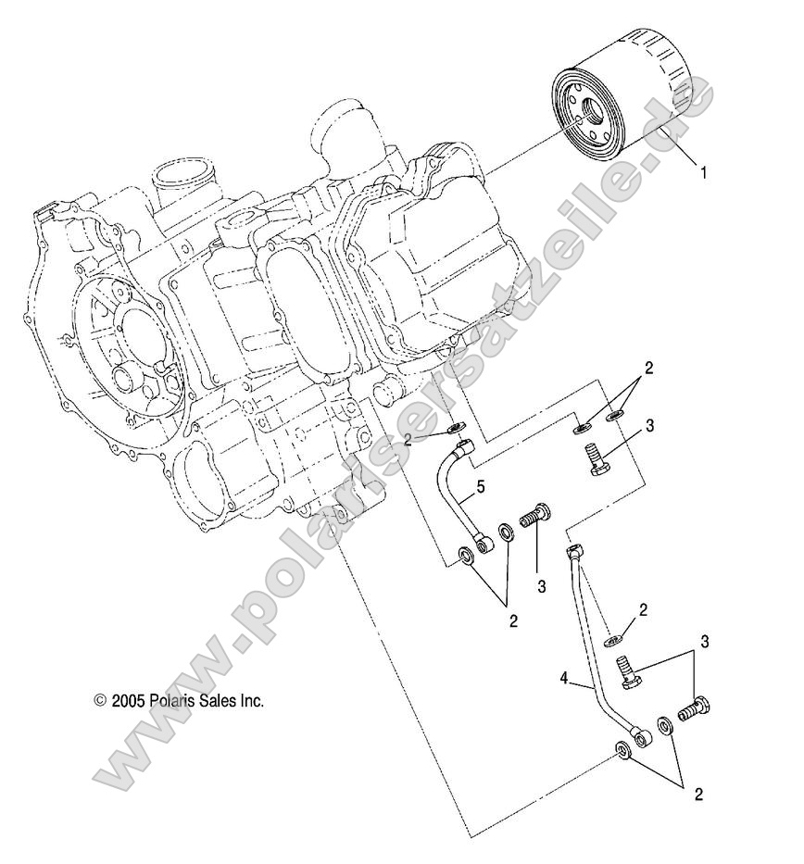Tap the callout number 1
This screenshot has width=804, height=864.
tap(704, 171)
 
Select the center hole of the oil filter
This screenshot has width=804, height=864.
tap(582, 119)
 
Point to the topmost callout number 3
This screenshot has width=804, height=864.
tap(650, 425)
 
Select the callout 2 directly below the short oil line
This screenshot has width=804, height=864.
tap(513, 620)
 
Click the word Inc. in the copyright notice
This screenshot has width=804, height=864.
tap(252, 701)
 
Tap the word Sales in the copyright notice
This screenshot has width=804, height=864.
tap(219, 701)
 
